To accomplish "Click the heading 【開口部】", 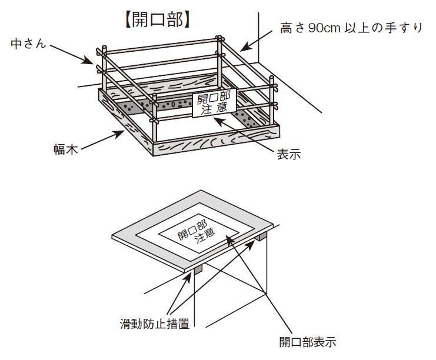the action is coord(158,20).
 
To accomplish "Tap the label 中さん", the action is coord(28,44).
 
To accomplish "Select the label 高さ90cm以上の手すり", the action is coord(351,28).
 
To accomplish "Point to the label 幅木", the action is coord(66,149).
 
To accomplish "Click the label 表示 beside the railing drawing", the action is coord(289,154).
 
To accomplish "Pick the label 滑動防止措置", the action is coord(155,324).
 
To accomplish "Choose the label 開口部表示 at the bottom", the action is coord(308,342).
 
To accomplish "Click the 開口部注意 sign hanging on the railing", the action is coord(214,103).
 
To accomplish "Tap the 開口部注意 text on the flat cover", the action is coord(197,232).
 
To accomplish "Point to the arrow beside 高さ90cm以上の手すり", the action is coord(256,41).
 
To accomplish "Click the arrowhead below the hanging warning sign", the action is coord(219,122).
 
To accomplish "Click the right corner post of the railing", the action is coord(272,100).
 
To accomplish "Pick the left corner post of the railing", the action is coord(104,68).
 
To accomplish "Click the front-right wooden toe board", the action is coord(217,140).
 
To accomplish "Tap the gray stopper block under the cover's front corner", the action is coord(199,269).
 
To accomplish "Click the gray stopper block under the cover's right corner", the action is coord(261,236).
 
